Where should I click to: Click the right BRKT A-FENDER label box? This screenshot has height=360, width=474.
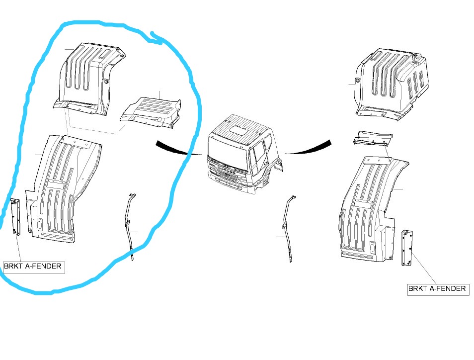point(438,289)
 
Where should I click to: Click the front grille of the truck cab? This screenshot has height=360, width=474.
point(227,174)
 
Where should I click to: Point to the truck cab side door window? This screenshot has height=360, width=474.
point(258,156)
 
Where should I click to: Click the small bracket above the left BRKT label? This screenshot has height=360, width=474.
point(15,217)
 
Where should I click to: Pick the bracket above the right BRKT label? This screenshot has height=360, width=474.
point(407,248)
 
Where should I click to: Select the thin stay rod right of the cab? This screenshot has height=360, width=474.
point(288,228)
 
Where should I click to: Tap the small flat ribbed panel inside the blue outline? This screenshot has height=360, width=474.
point(151,112)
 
